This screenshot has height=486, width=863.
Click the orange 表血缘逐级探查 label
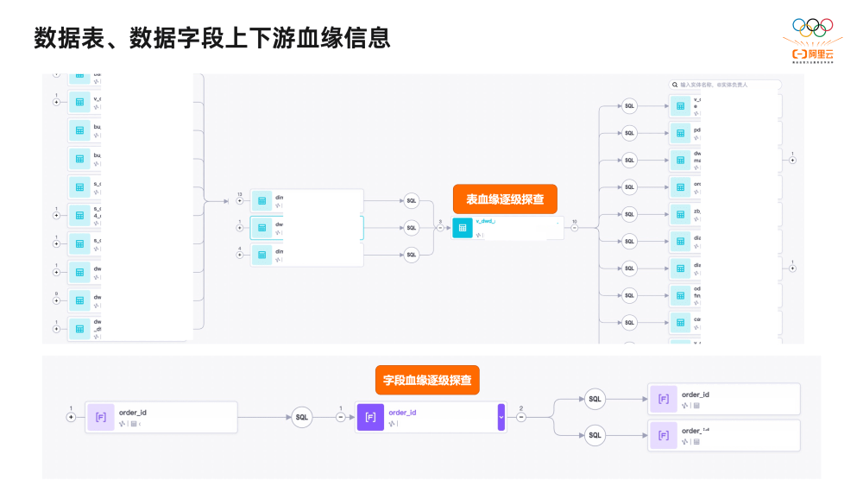point(505,199)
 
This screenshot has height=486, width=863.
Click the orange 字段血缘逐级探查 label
point(427,380)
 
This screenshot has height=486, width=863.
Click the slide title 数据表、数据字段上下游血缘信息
point(211,38)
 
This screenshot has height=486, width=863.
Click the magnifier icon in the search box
point(675,85)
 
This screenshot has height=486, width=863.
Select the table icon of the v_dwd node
point(463,228)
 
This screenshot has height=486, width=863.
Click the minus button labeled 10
point(575,228)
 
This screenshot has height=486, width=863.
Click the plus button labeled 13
point(240,201)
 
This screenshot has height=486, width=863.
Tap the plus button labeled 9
point(57,300)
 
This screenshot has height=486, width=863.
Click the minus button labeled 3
point(440,228)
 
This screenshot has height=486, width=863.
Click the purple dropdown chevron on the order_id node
point(501,417)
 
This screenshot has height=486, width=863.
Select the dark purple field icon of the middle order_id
point(370,417)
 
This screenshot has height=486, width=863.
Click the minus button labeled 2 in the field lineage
point(521,417)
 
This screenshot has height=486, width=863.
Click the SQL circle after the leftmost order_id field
point(301,417)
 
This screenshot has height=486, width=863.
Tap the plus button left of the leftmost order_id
point(71,417)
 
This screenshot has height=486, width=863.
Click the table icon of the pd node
point(681,133)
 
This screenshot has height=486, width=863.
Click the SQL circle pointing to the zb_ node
point(629,214)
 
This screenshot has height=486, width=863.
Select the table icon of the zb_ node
point(681,214)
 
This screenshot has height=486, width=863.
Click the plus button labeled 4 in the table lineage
point(240,255)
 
